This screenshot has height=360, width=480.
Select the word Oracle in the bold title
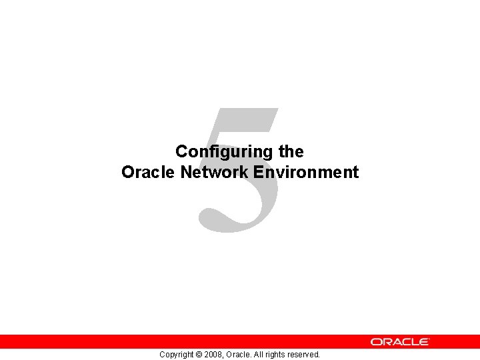pos(148,173)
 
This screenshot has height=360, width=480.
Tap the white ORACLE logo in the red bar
pos(400,341)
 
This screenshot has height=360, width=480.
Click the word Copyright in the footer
pos(177,355)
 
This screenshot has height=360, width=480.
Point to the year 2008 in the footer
pos(215,355)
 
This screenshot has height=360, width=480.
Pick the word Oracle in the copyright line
pos(239,355)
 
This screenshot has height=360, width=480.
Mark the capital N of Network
pos(187,173)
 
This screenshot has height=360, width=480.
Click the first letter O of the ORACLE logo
pos(377,341)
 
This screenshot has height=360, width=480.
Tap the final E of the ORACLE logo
pos(424,341)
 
